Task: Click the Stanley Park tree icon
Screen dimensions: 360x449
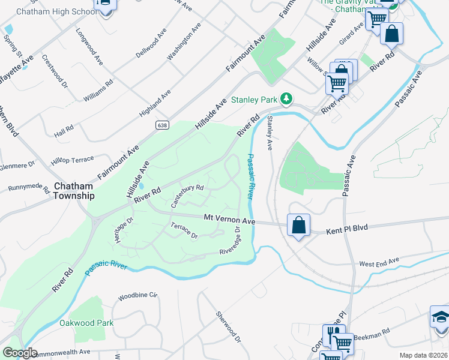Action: pyautogui.click(x=287, y=98)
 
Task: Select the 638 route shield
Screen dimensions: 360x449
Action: pyautogui.click(x=164, y=125)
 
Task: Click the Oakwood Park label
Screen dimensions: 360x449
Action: pyautogui.click(x=86, y=323)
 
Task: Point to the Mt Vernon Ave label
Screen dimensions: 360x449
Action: pyautogui.click(x=229, y=220)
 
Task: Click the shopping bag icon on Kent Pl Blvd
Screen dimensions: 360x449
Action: pyautogui.click(x=298, y=226)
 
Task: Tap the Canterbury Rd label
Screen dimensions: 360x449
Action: pyautogui.click(x=187, y=196)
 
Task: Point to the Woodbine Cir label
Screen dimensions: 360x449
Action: pyautogui.click(x=137, y=296)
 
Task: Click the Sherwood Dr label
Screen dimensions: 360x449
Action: pyautogui.click(x=228, y=327)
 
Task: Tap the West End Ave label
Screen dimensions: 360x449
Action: pyautogui.click(x=379, y=263)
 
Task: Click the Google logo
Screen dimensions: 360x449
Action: pyautogui.click(x=20, y=353)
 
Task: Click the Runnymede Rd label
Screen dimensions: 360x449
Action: pyautogui.click(x=29, y=188)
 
